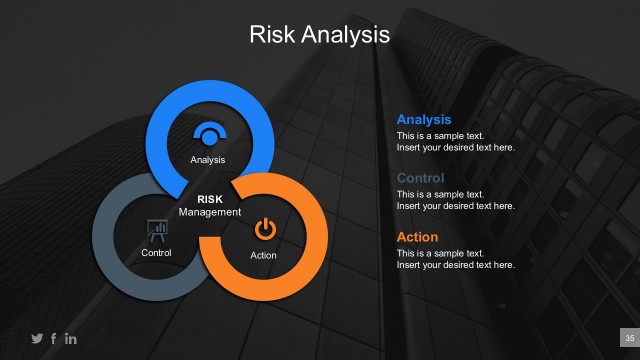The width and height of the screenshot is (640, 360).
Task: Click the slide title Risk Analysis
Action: (x=319, y=35)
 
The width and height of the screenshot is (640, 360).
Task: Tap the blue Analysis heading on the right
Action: (x=424, y=120)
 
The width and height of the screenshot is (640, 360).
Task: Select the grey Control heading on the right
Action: (x=420, y=178)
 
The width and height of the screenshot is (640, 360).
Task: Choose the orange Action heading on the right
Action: (x=417, y=237)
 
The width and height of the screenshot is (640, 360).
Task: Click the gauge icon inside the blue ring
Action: (x=209, y=135)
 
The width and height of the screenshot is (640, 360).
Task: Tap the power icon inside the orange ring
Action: (x=264, y=229)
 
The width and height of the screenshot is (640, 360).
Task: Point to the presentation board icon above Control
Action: (x=156, y=230)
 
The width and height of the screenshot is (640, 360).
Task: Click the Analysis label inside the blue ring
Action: (x=208, y=160)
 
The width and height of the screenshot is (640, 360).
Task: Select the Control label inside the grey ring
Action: (x=157, y=253)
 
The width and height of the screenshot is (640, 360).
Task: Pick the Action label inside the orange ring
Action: (x=263, y=256)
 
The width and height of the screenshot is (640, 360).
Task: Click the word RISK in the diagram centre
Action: (x=209, y=199)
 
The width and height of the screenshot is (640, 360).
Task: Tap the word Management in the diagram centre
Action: (x=209, y=212)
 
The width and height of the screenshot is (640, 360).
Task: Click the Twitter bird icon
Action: (x=37, y=338)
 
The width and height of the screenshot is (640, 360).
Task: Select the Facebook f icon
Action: (x=53, y=338)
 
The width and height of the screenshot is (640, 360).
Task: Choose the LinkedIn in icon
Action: (x=70, y=338)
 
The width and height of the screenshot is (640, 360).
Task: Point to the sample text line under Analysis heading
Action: (x=440, y=135)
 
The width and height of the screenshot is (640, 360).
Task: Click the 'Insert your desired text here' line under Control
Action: (x=455, y=206)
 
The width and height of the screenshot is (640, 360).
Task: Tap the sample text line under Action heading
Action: (x=440, y=253)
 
